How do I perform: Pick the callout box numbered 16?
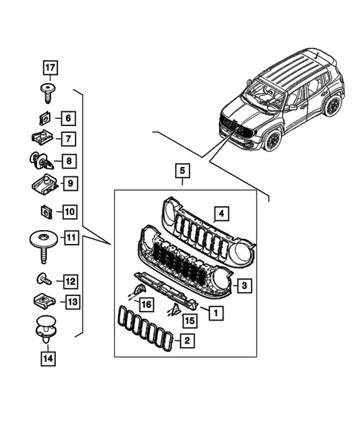pos(146,304)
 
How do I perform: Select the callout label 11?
pos(71,238)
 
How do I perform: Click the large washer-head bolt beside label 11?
pos(42,242)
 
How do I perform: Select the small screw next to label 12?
pos(44,280)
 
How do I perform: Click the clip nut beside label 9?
pos(44,182)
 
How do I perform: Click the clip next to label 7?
pos(44,138)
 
